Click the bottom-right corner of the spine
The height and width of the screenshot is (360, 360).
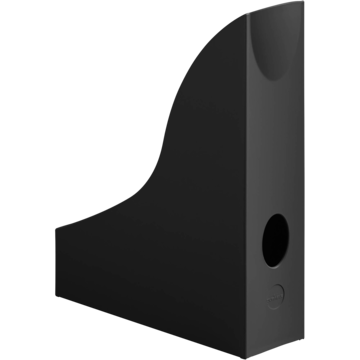point(297,331)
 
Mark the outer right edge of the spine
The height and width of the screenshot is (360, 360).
point(299,180)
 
